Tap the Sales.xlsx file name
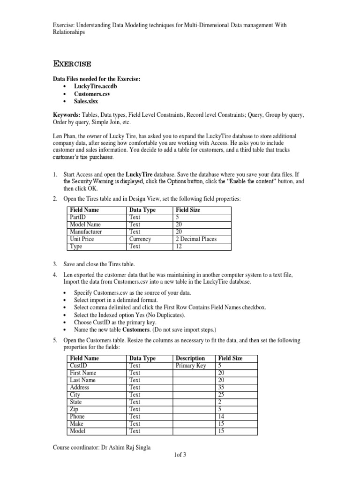pos(86,101)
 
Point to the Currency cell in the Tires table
pos(140,239)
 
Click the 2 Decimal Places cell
pos(195,239)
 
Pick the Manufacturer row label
pos(86,232)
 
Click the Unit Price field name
pos(82,239)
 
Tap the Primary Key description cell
pos(191,366)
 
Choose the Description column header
pos(190,359)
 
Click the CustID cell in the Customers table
pos(78,366)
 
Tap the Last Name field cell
pos(82,380)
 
